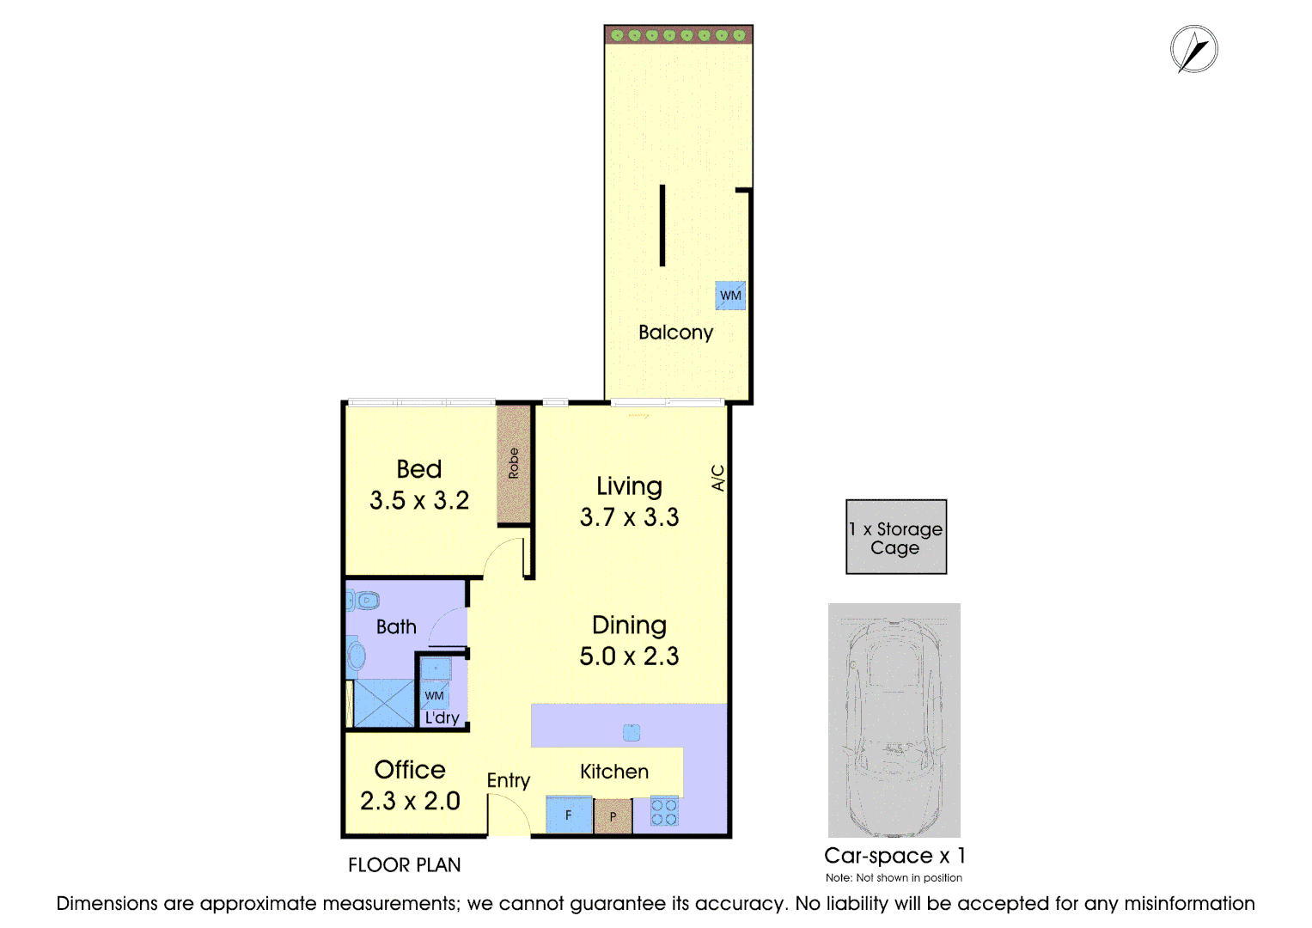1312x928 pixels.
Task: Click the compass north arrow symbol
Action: coord(1193,50)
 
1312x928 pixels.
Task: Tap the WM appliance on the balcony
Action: coord(730,296)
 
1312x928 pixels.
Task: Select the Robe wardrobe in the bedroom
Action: coord(514,464)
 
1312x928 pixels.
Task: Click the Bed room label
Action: coord(419,469)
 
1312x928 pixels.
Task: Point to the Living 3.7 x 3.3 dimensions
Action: coord(629,517)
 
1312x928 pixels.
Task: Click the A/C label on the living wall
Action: coord(718,478)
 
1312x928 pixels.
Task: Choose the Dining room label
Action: coord(629,626)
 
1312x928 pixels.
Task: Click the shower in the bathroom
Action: coord(383,703)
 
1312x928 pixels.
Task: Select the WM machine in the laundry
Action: coord(435,695)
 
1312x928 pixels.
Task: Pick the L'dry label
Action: coord(442,717)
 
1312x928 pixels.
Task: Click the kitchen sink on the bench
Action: coord(632,732)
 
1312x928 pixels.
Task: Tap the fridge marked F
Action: coord(569,815)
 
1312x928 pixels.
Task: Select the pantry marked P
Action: coord(613,816)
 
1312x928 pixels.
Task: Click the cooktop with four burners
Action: coord(664,813)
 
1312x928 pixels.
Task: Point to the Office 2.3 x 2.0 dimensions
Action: coord(410,801)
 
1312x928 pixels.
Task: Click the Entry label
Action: coord(508,780)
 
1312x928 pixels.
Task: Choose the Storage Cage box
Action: coord(896,537)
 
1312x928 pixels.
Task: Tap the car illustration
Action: coord(894,720)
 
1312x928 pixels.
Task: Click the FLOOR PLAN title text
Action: coord(404,865)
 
